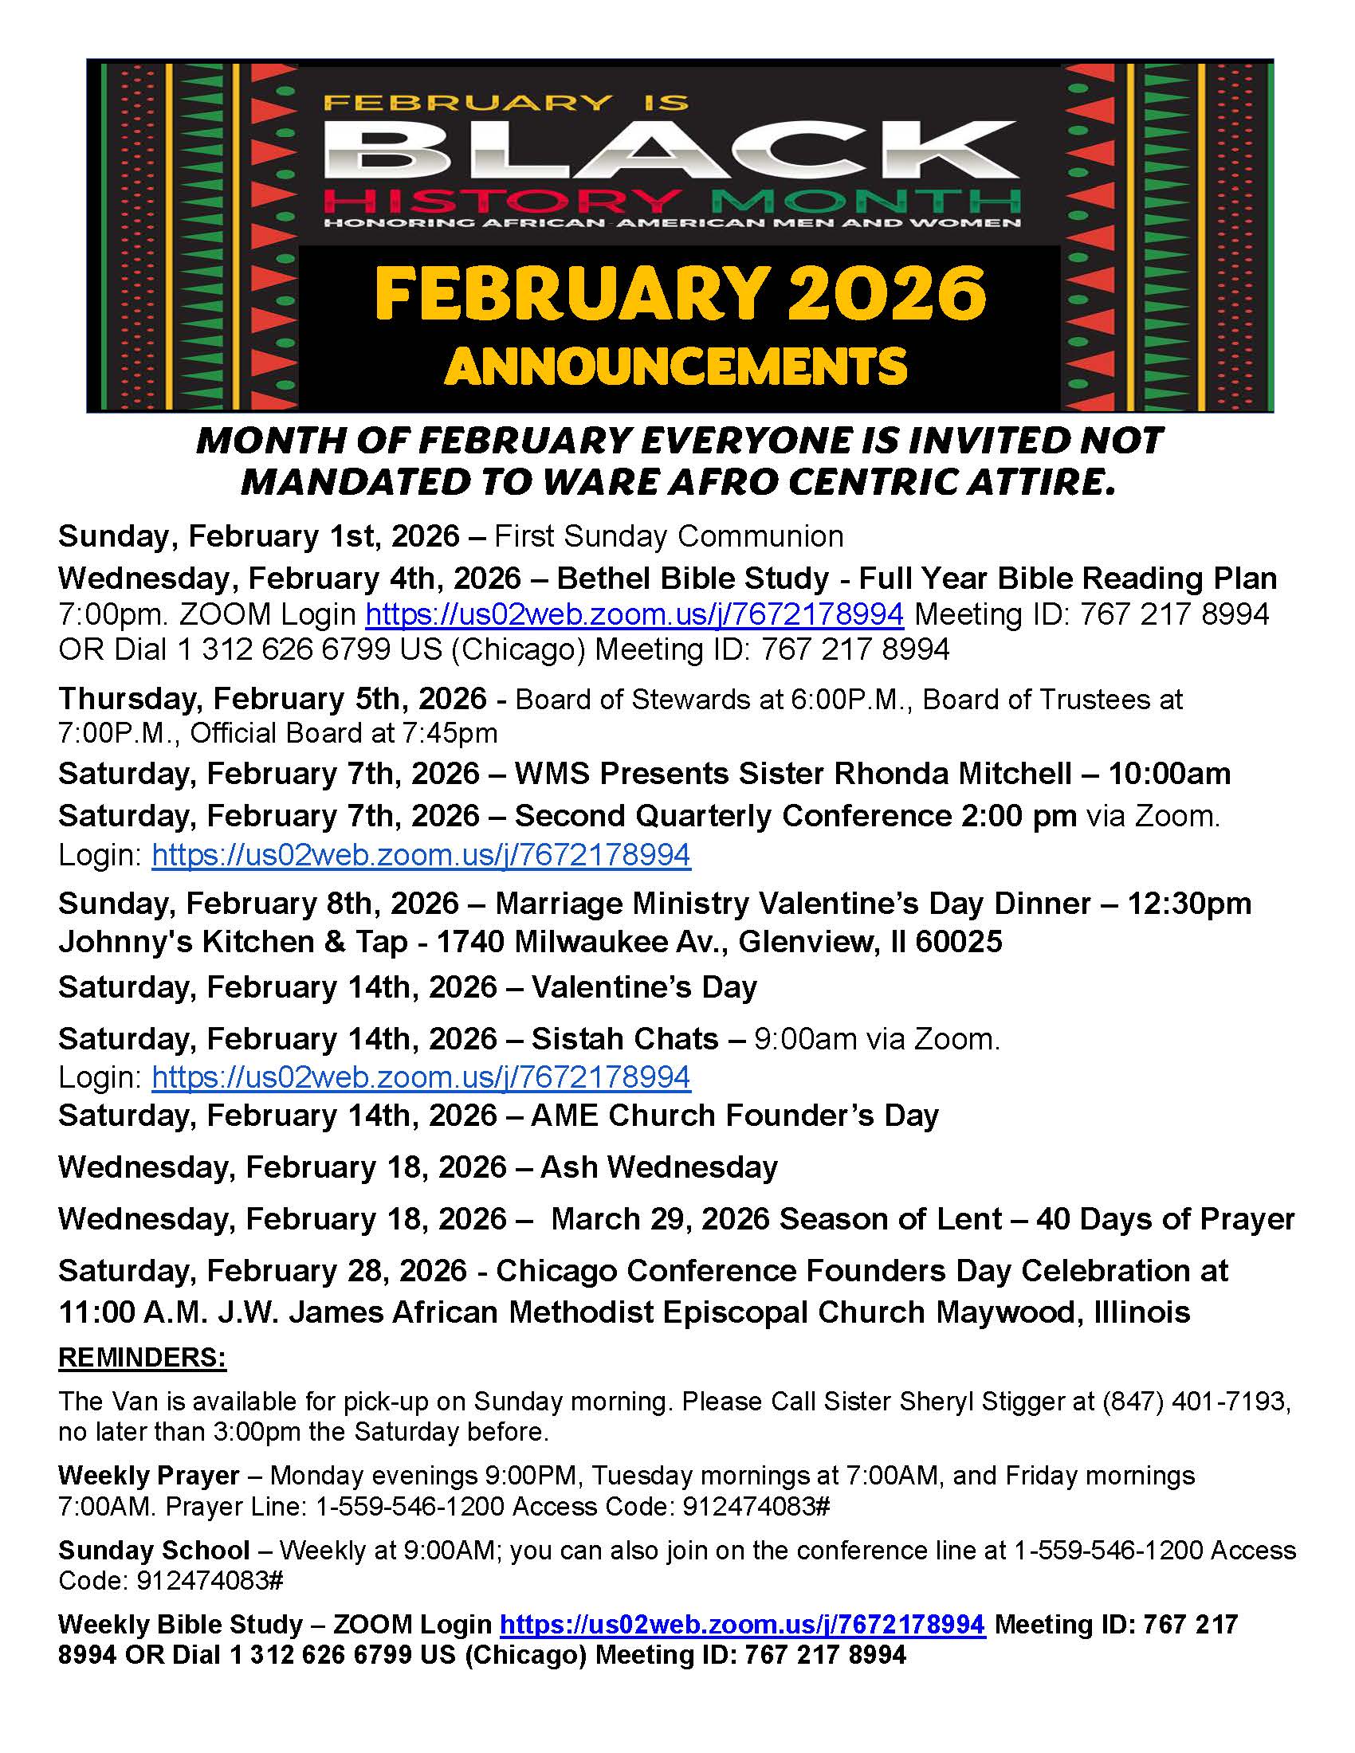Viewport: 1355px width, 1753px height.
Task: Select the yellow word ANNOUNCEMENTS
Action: (676, 367)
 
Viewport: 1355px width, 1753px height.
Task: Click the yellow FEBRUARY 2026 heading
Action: (680, 294)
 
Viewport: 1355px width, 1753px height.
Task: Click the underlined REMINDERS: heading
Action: (142, 1358)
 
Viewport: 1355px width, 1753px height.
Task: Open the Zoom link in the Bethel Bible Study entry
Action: (634, 614)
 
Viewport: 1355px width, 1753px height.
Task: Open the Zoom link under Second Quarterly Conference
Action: (421, 855)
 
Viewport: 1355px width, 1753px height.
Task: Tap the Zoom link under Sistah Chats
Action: (421, 1077)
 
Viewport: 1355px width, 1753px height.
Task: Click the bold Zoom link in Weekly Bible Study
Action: (742, 1625)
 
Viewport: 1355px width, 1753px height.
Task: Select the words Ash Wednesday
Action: (659, 1167)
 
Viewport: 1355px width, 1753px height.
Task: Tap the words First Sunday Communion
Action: (669, 536)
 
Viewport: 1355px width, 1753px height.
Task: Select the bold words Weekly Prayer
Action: (148, 1475)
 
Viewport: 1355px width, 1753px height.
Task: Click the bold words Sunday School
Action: (154, 1550)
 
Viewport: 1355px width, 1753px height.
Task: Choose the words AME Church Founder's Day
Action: (735, 1116)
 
